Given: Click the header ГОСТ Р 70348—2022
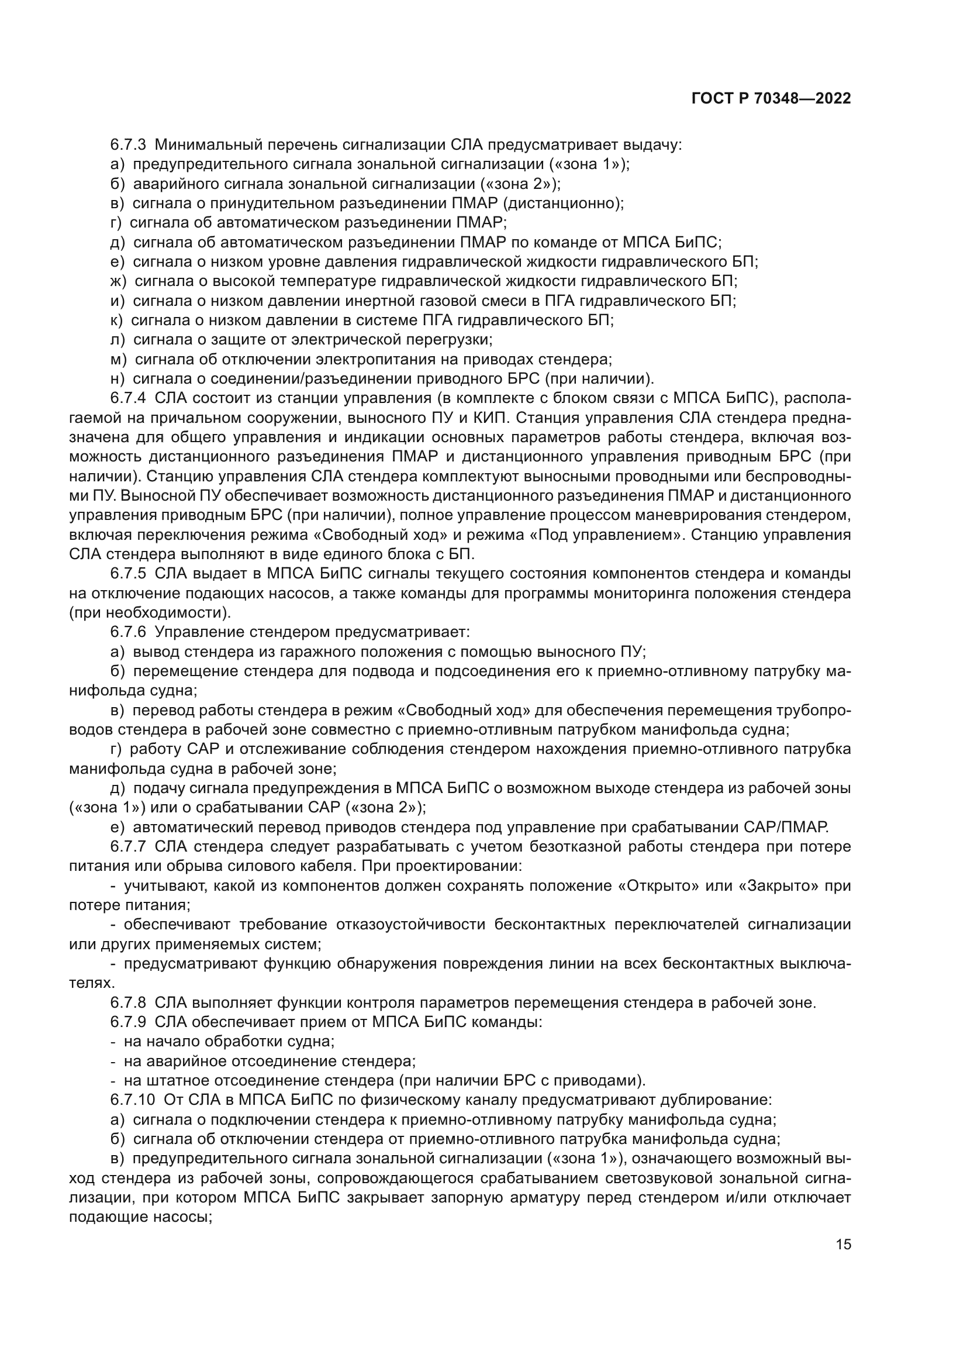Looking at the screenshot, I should [x=771, y=99].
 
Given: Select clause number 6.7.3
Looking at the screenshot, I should [x=128, y=145].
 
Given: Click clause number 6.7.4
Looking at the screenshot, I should [x=128, y=398].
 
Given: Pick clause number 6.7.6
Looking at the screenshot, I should [x=128, y=632].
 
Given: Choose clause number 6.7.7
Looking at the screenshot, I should [x=128, y=847].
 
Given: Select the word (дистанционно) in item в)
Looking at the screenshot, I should [x=562, y=203].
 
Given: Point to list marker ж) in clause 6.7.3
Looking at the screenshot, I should [x=119, y=281].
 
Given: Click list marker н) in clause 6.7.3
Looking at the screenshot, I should [x=118, y=379].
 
